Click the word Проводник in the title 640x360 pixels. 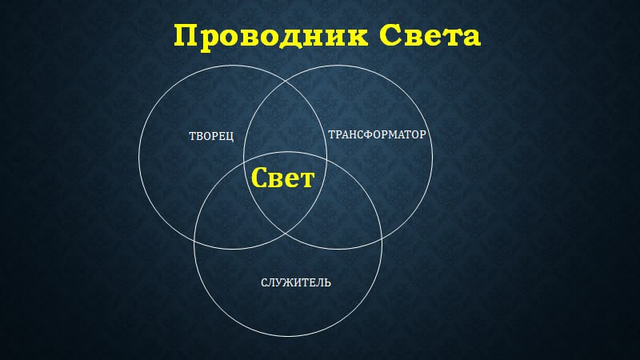(x=270, y=36)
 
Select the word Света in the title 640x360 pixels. (x=430, y=35)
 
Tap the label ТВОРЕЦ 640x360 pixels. (x=211, y=136)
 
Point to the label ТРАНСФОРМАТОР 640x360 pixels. (x=377, y=134)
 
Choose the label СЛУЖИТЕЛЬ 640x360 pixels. (x=296, y=282)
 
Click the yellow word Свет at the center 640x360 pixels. (x=282, y=178)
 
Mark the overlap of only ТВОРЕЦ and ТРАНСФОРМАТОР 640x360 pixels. (x=286, y=122)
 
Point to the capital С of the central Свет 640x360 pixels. (x=259, y=177)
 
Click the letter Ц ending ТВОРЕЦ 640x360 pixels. (x=230, y=137)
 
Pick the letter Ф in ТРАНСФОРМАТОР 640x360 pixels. (x=367, y=134)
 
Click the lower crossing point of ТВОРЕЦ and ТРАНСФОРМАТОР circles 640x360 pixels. (x=286, y=234)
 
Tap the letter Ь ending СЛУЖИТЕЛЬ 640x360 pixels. (x=328, y=282)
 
